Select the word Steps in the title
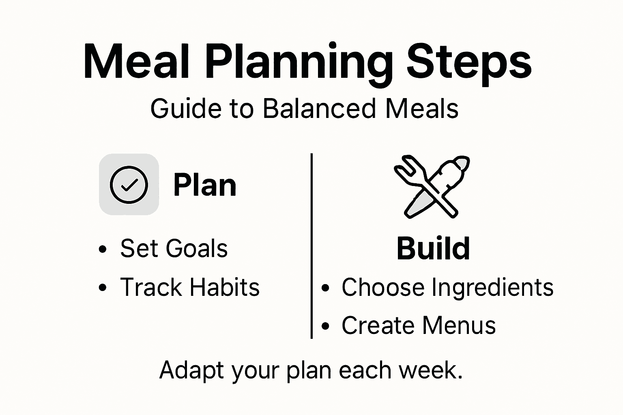pos(469,63)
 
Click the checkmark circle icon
pos(129,184)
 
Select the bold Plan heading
pos(205,185)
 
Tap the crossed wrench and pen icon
pos(432,187)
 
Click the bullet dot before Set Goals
pos(103,249)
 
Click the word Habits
pos(225,287)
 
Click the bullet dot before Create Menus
pos(325,326)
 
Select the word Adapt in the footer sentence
pos(191,370)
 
